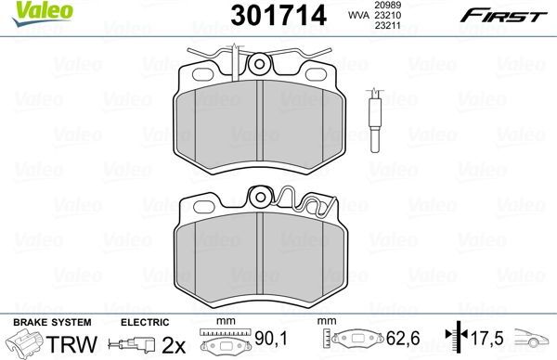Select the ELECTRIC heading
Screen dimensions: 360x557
(143, 322)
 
